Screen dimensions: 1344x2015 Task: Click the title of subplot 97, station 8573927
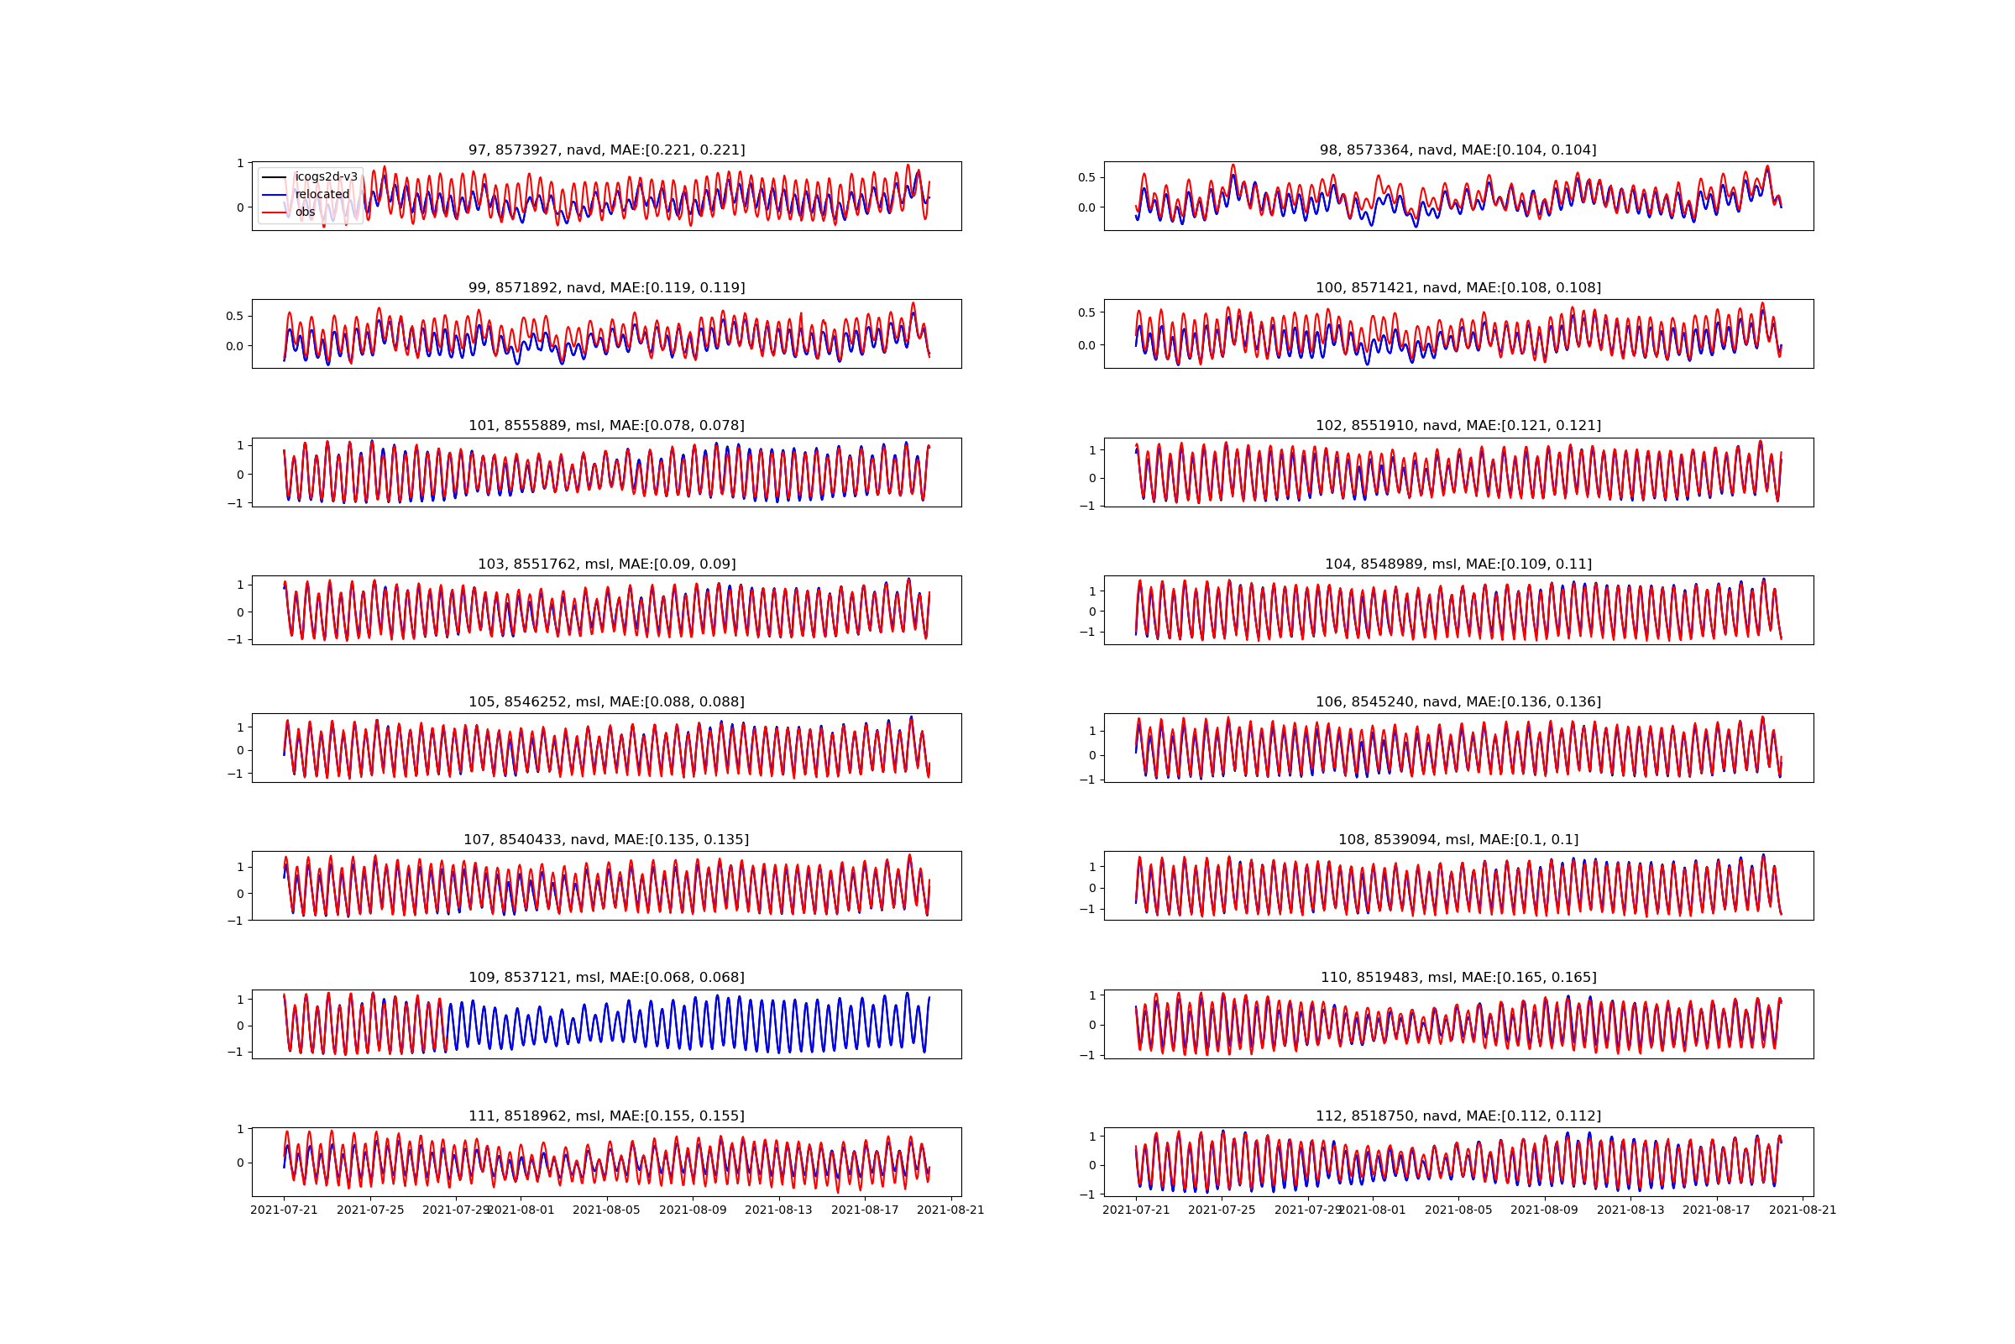[x=606, y=150]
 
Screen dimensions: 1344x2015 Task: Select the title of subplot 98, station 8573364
[x=1458, y=150]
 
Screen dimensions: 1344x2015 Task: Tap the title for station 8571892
[x=606, y=288]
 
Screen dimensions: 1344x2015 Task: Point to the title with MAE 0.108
[x=1458, y=288]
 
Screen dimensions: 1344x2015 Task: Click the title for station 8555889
[x=606, y=426]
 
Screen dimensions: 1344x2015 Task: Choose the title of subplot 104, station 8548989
[x=1458, y=564]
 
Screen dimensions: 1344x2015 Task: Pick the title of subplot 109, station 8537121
[x=606, y=977]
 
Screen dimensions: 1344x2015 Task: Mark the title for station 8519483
[x=1458, y=977]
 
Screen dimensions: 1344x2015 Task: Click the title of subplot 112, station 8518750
[x=1458, y=1116]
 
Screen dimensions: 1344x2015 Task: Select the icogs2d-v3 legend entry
[x=327, y=177]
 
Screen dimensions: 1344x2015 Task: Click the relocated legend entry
[x=322, y=195]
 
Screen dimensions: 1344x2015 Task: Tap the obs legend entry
[x=305, y=213]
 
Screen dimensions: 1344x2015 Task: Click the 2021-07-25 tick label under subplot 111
[x=370, y=1210]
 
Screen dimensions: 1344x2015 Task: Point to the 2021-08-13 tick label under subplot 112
[x=1630, y=1210]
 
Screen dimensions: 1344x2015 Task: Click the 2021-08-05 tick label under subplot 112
[x=1458, y=1210]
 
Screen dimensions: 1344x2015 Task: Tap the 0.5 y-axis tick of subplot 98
[x=1086, y=177]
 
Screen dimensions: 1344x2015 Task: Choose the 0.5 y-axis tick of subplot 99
[x=234, y=317]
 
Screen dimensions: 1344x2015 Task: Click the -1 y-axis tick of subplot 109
[x=236, y=1052]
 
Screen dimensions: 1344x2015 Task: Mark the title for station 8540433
[x=606, y=840]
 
